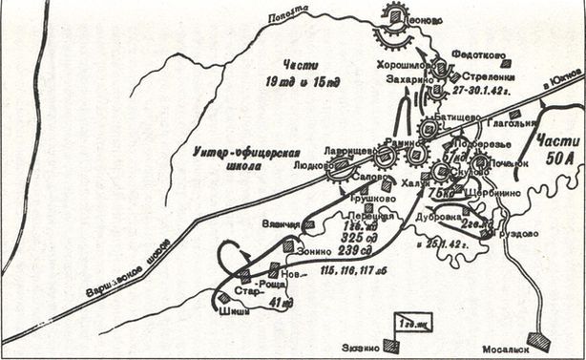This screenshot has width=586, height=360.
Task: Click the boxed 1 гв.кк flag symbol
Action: tap(413, 323)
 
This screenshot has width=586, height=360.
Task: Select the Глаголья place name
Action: tap(506, 121)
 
